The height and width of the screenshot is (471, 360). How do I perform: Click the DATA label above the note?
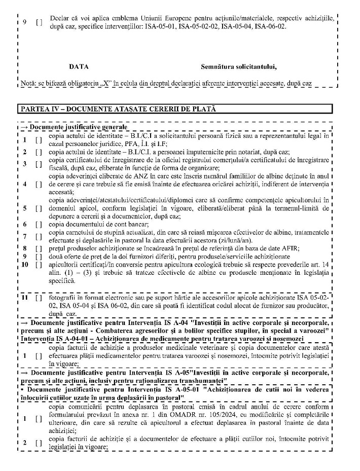[x=79, y=66]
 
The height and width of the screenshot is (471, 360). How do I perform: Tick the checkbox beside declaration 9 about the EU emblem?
[x=39, y=23]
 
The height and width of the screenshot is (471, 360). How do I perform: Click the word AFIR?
[x=290, y=248]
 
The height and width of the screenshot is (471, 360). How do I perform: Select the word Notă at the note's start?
[x=29, y=83]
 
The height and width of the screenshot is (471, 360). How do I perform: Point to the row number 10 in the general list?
[x=25, y=264]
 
